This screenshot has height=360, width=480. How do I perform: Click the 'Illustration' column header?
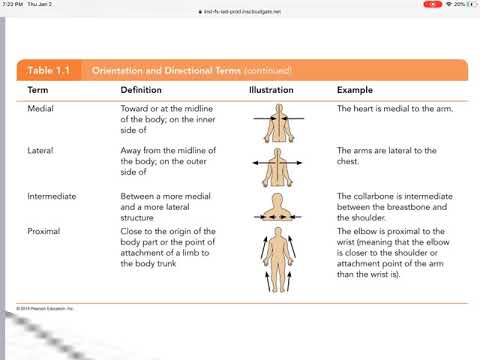pos(272,91)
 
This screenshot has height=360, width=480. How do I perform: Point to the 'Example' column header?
pos(354,91)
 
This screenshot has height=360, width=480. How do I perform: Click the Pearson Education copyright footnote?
pos(40,307)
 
